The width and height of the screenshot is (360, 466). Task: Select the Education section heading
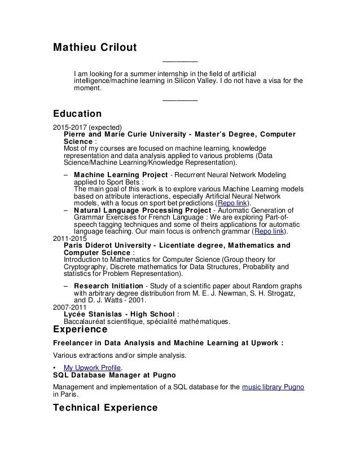point(77,113)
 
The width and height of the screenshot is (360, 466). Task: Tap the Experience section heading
point(80,328)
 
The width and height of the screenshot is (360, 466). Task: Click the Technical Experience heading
point(105,407)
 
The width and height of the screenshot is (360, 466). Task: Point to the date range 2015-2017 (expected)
point(87,126)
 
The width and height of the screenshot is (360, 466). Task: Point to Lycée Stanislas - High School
point(121,314)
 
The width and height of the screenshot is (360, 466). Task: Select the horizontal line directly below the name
point(180,61)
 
